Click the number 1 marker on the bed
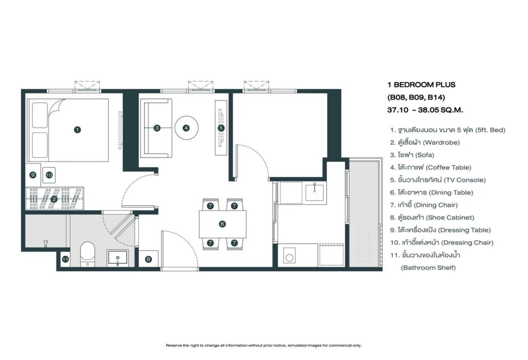(x=78, y=130)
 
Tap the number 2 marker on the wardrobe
(x=54, y=199)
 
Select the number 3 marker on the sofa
(x=157, y=128)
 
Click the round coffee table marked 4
(x=186, y=128)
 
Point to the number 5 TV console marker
(x=221, y=128)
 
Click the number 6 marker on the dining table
(x=222, y=224)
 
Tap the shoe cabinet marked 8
(x=148, y=259)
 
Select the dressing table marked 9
(x=33, y=175)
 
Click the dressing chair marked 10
(x=49, y=175)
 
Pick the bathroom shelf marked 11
(x=65, y=259)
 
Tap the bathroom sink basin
(x=118, y=258)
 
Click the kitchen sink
(x=315, y=193)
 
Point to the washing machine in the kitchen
(x=289, y=257)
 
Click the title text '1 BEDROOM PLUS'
(x=421, y=84)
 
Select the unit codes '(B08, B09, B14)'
(x=416, y=97)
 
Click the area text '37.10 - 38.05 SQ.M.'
(x=425, y=110)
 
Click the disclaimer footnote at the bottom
(x=263, y=346)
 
